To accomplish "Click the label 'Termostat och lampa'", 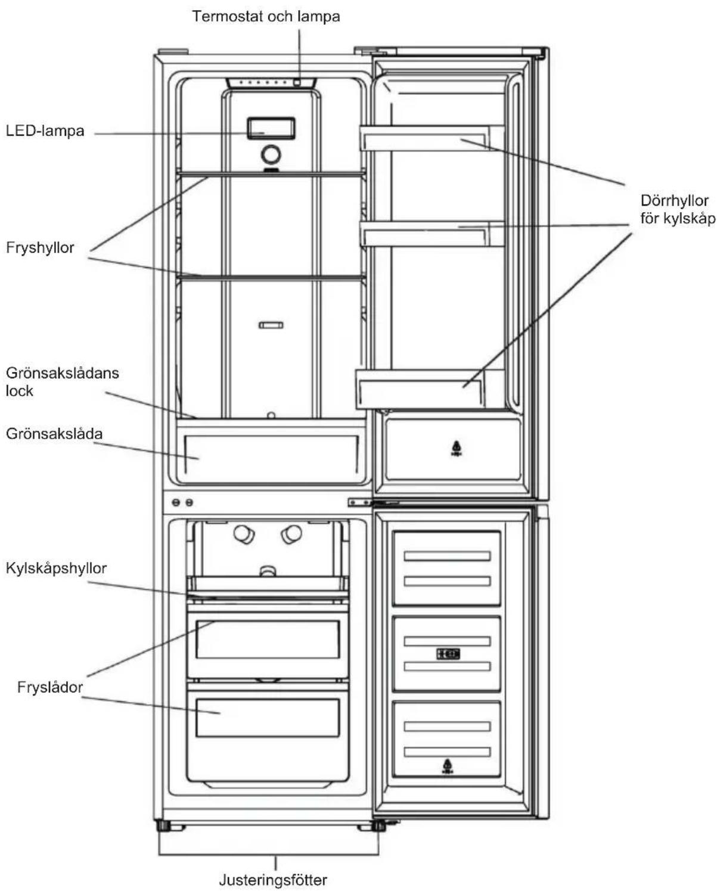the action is (266, 16).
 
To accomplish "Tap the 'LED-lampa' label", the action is (45, 131).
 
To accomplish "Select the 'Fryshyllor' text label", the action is (40, 247).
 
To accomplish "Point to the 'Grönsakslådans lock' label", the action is (62, 382).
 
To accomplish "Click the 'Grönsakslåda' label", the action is (54, 434).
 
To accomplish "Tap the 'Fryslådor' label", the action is (49, 687).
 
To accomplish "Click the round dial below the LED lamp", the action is (271, 154).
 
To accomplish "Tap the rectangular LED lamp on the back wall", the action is (271, 128).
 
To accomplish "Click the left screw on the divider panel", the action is (176, 502).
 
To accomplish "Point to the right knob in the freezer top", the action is (291, 534).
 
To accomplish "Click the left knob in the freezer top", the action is (244, 534).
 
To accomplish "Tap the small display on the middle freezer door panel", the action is (448, 654).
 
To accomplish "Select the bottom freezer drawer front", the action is (268, 718).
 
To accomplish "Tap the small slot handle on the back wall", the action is (271, 325).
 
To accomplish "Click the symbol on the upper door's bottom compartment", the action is (457, 448).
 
